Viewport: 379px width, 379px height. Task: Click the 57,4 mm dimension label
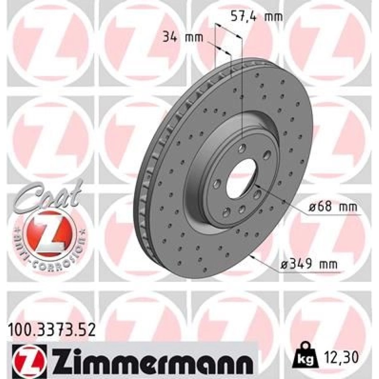[257, 16]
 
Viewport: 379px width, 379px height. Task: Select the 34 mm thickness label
[183, 38]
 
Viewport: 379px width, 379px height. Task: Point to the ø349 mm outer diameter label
[309, 265]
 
